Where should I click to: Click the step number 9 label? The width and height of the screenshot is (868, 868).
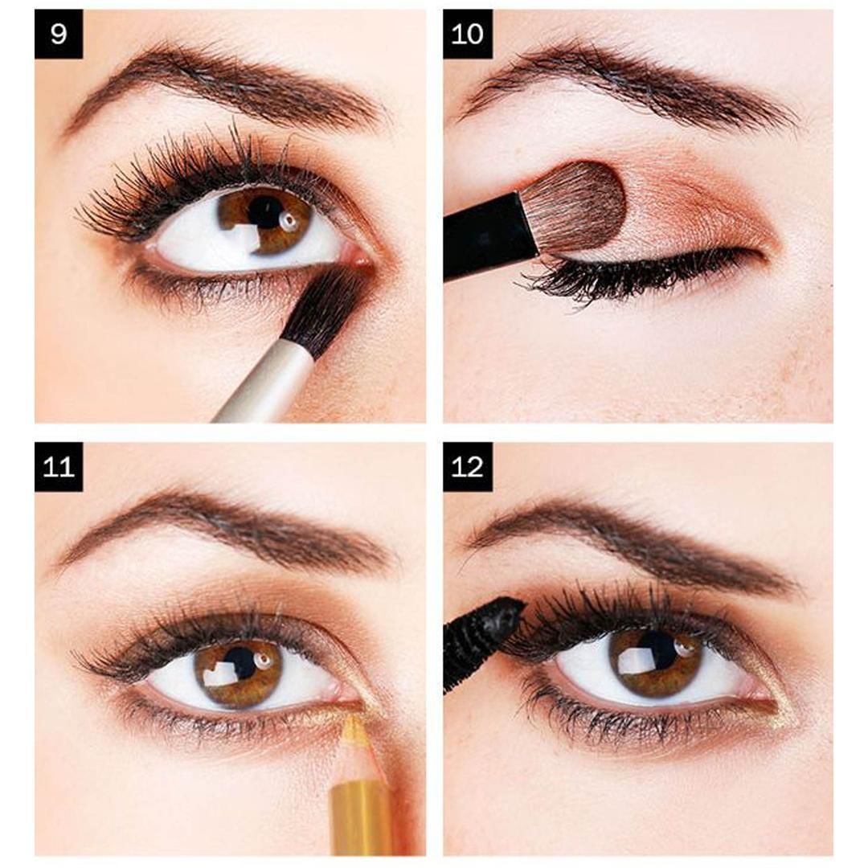tap(59, 35)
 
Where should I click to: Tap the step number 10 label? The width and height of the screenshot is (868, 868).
tap(468, 35)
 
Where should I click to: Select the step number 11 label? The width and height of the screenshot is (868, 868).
tap(59, 467)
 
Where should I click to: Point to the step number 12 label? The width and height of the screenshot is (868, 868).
tap(468, 467)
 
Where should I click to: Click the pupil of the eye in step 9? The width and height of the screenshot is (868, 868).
tap(264, 212)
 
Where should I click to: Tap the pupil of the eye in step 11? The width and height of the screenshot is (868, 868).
tap(240, 663)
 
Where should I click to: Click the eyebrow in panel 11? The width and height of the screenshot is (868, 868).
tap(225, 526)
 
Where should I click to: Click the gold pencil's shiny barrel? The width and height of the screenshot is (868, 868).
tap(362, 816)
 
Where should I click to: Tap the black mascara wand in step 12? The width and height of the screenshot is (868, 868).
tap(482, 635)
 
